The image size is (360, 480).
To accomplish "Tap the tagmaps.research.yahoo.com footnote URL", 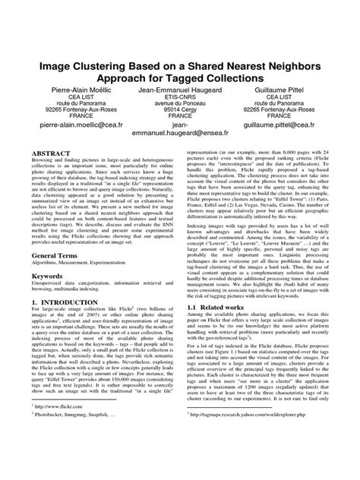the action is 248,458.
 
